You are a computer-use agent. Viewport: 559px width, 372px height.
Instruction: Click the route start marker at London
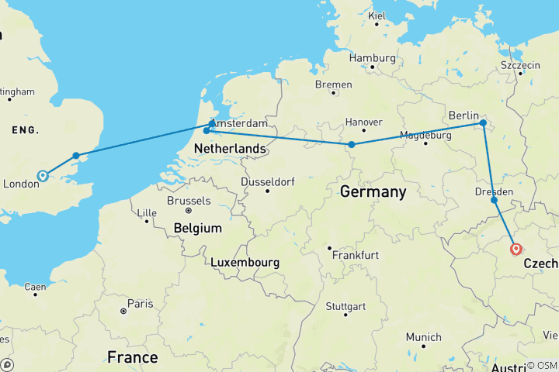[x=43, y=176]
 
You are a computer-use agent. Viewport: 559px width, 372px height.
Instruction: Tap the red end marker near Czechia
[x=516, y=250]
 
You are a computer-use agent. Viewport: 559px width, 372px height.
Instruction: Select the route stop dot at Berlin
[x=483, y=123]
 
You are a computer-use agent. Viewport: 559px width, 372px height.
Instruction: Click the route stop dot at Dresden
[x=495, y=200]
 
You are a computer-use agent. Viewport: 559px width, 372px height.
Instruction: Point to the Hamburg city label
[x=372, y=58]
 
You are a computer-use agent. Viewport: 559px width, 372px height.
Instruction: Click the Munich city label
[x=423, y=337]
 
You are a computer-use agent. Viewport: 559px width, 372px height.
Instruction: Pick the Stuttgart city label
[x=345, y=306]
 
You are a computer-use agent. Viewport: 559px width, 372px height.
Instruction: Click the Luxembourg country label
[x=245, y=263]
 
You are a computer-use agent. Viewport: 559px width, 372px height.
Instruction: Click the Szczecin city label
[x=520, y=66]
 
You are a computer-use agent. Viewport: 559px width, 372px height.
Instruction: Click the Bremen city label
[x=335, y=84]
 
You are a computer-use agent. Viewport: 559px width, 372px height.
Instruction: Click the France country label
[x=132, y=357]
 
